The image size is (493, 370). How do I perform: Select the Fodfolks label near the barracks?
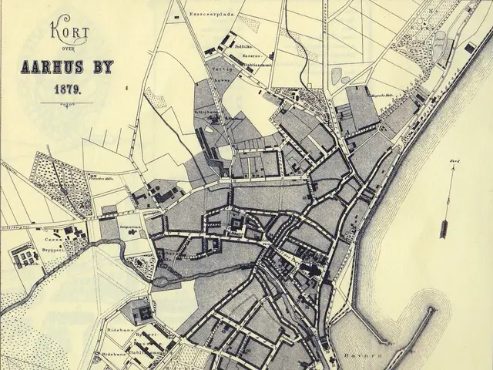pyautogui.click(x=245, y=46)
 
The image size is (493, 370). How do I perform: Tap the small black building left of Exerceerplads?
pyautogui.click(x=178, y=15)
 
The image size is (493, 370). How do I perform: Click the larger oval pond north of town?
pyautogui.click(x=337, y=76)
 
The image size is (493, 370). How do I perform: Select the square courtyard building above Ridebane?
pyautogui.click(x=142, y=314)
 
